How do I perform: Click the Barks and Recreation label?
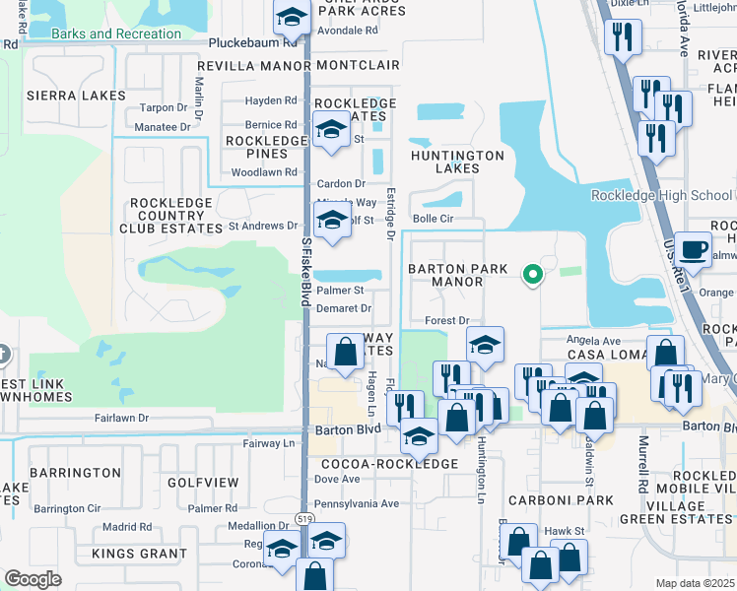pos(116,34)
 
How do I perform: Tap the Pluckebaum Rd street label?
pos(253,44)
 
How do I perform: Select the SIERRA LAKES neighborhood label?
pos(77,96)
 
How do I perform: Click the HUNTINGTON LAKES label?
pos(458,162)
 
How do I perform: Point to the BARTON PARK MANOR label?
pos(459,275)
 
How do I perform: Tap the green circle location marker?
pos(533,274)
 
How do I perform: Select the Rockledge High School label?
pos(661,195)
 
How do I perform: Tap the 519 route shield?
pos(305,518)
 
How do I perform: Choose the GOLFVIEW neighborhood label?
pos(203,483)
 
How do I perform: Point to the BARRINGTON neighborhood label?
pos(75,473)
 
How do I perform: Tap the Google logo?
pos(33,579)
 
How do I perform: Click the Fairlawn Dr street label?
pos(121,419)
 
